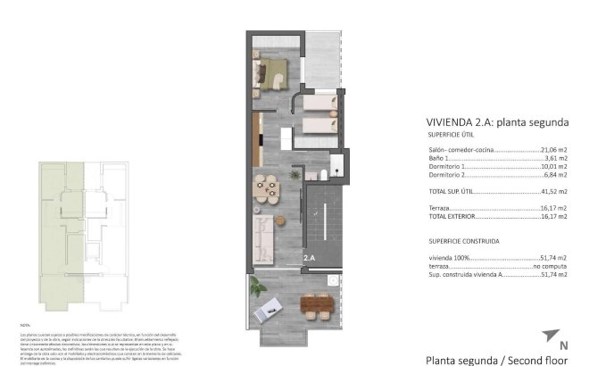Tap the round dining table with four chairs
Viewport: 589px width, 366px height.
265,187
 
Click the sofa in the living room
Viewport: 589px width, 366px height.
263,237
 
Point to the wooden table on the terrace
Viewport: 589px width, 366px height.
319,306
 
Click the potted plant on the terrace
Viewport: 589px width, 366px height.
257,287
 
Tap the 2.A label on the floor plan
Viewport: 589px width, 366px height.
310,258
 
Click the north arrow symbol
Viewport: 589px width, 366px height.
549,336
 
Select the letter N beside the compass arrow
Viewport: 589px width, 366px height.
563,345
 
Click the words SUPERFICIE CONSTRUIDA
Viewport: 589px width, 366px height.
463,240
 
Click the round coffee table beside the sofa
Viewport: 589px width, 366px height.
277,219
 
